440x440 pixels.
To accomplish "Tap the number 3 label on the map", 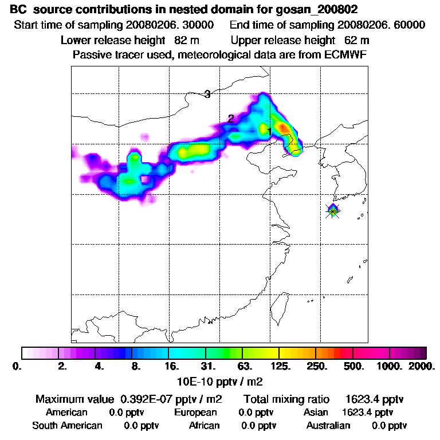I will click(x=207, y=95).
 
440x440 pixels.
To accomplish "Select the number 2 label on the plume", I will click(x=231, y=119).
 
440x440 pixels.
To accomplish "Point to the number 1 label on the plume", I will click(x=269, y=132).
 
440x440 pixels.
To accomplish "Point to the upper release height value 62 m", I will click(x=357, y=40).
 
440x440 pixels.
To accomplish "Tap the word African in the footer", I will click(x=205, y=426).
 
